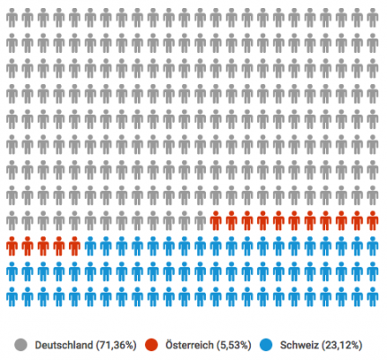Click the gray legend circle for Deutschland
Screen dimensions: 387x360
pos(21,345)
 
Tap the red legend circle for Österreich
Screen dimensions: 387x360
pos(151,345)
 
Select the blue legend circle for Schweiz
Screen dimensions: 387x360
pos(266,345)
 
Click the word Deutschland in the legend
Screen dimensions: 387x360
pos(64,345)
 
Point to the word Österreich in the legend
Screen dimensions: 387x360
pos(189,345)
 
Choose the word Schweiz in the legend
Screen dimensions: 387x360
pos(299,345)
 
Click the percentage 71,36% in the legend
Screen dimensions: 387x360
pos(116,346)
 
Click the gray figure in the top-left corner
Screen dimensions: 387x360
pos(12,18)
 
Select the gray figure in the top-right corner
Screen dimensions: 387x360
pos(373,18)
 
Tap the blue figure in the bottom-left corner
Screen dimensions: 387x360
pos(12,297)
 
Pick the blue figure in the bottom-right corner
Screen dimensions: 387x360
pos(373,297)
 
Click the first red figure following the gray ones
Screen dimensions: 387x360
pos(216,221)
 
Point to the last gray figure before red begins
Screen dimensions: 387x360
pos(200,221)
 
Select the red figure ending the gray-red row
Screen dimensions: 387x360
pos(373,221)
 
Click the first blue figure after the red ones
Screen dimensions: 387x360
pos(90,246)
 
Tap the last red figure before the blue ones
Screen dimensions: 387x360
pos(74,246)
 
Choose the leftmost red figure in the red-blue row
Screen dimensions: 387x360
pos(12,246)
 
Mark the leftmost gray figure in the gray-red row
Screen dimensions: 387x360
pos(12,221)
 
